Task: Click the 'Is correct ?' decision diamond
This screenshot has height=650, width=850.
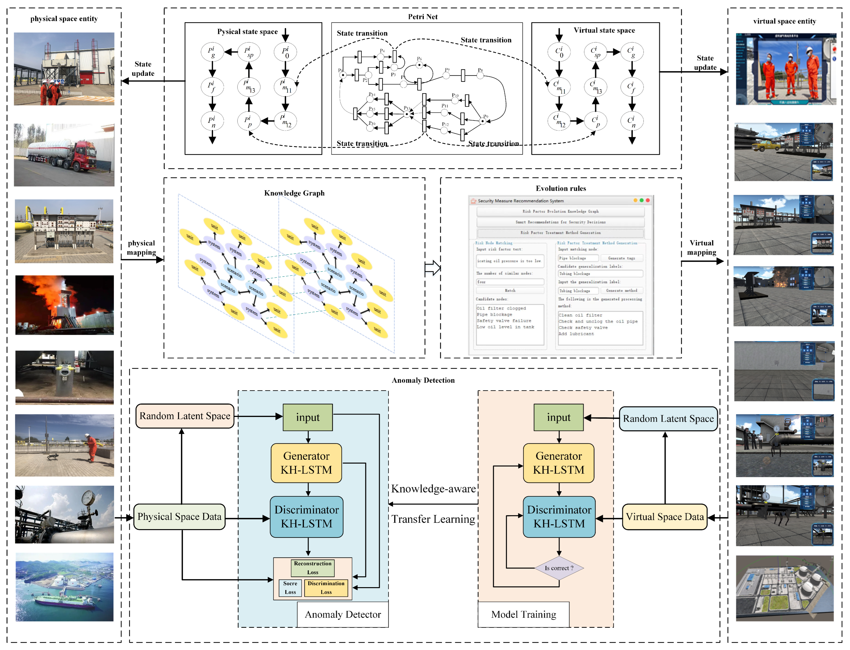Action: tap(559, 568)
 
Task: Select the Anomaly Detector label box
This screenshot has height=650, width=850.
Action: tap(343, 614)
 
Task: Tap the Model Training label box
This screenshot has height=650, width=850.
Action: tap(523, 614)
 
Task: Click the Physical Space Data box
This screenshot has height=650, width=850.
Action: tap(180, 517)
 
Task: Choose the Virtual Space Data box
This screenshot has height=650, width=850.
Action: tap(664, 517)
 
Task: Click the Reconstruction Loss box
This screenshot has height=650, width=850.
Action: tap(312, 568)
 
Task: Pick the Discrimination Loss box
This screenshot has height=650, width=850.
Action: tap(326, 588)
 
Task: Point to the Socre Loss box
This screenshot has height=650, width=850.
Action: tap(290, 588)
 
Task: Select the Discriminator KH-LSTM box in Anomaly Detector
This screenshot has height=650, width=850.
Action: tap(306, 517)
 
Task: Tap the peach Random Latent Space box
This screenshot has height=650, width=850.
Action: tap(185, 416)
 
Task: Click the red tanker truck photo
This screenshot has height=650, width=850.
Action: tap(64, 155)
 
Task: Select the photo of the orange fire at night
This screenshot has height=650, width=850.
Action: tap(64, 305)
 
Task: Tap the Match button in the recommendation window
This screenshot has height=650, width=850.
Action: tap(510, 291)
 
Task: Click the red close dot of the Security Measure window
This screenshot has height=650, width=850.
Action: tap(648, 200)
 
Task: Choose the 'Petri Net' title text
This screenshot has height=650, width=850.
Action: tap(423, 17)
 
